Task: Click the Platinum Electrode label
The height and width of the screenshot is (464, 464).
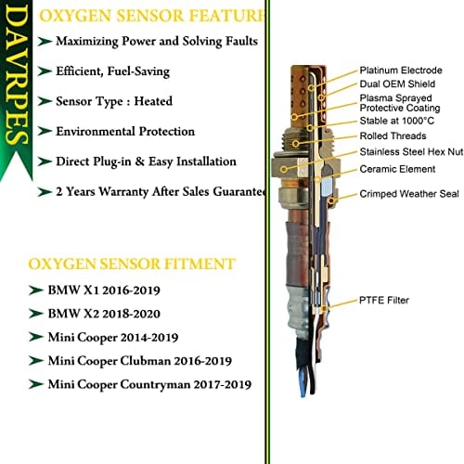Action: pyautogui.click(x=401, y=69)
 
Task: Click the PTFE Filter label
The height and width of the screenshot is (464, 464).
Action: pyautogui.click(x=383, y=300)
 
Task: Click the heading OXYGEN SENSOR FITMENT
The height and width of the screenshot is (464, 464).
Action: pyautogui.click(x=131, y=264)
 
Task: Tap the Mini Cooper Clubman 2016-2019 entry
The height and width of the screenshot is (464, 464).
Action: pyautogui.click(x=141, y=360)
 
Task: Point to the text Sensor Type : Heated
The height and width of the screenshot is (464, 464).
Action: pyautogui.click(x=127, y=101)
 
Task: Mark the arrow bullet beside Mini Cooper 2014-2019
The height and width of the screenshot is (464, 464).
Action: pyautogui.click(x=38, y=336)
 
